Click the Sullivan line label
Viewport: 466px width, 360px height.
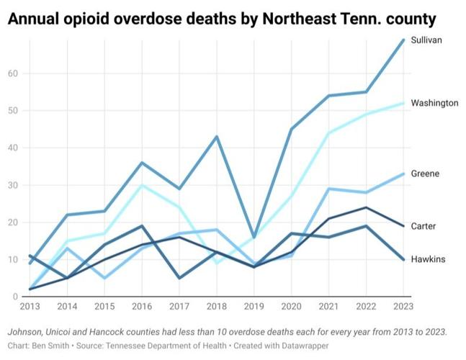coord(426,40)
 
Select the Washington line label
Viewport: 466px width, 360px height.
coord(434,103)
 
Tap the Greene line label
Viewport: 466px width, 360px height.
coord(425,174)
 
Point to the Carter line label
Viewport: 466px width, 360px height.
coord(424,226)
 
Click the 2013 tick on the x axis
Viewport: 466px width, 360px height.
coord(29,306)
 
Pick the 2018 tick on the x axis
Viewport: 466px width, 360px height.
coord(217,306)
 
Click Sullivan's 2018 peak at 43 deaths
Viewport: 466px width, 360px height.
coord(217,137)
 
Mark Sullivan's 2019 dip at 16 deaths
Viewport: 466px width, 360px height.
coord(254,237)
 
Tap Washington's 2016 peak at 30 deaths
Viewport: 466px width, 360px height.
coord(142,185)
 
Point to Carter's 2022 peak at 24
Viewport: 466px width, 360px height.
coord(367,207)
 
